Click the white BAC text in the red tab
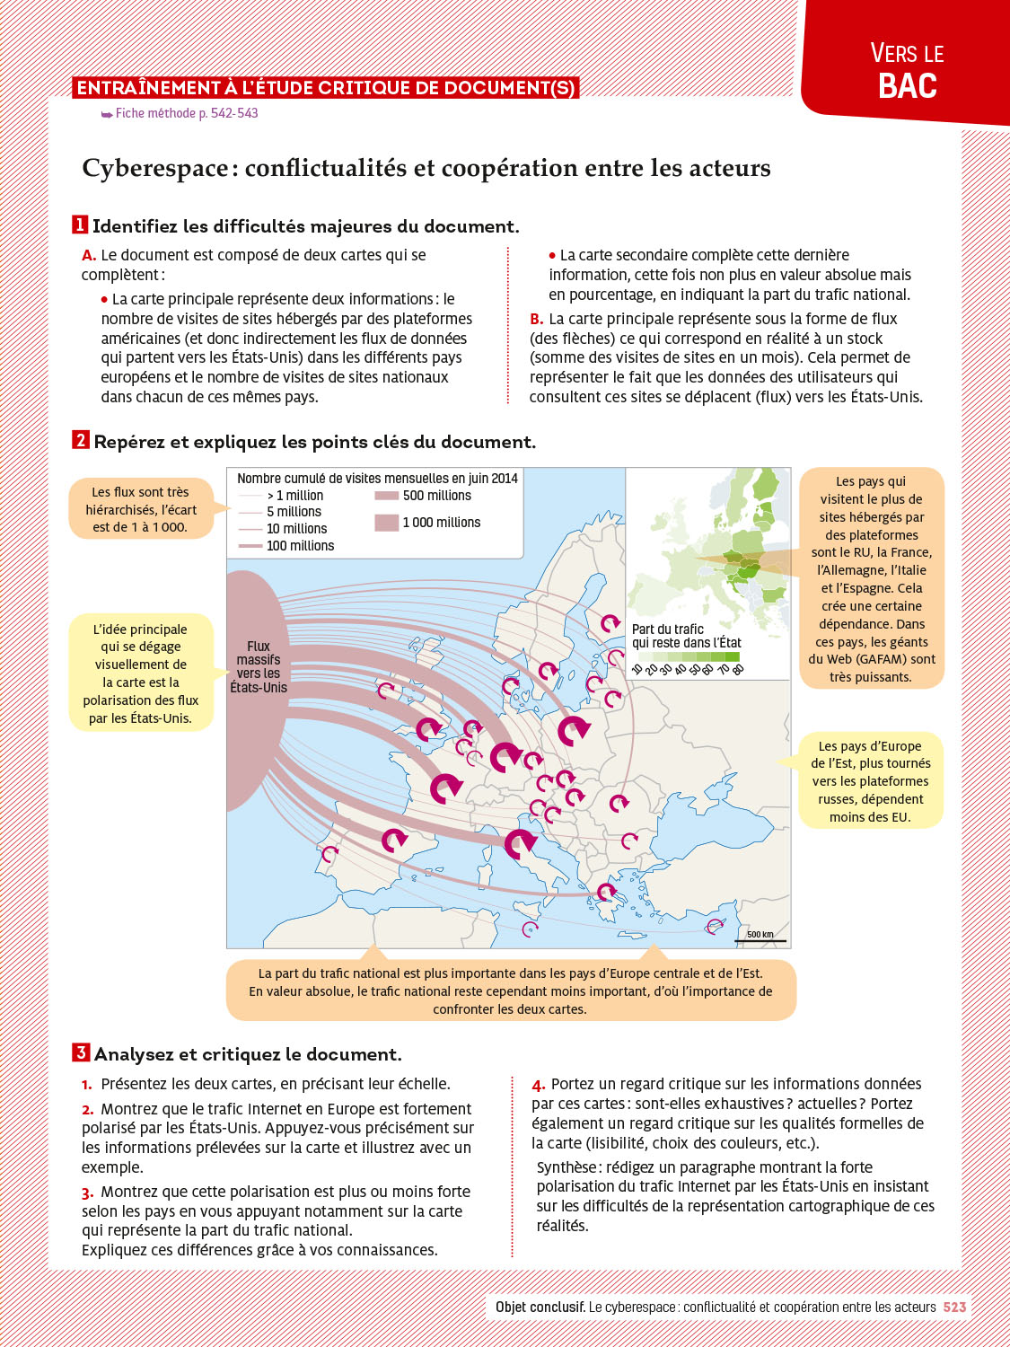pyautogui.click(x=907, y=86)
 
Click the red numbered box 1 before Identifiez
pyautogui.click(x=80, y=224)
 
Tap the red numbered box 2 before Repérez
pyautogui.click(x=81, y=440)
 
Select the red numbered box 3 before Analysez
pyautogui.click(x=81, y=1052)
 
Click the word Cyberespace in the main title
pyautogui.click(x=154, y=169)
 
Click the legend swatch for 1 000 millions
pyautogui.click(x=386, y=523)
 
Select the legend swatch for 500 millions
pyautogui.click(x=386, y=496)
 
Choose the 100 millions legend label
pyautogui.click(x=300, y=546)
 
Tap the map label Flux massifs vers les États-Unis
pyautogui.click(x=259, y=667)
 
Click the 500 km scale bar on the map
pyautogui.click(x=760, y=940)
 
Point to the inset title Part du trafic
pyautogui.click(x=668, y=629)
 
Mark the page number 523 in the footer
pyautogui.click(x=954, y=1307)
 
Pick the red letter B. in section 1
pyautogui.click(x=537, y=319)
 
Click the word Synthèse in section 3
pyautogui.click(x=566, y=1167)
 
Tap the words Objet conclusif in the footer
pyautogui.click(x=540, y=1307)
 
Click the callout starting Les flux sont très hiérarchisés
pyautogui.click(x=141, y=509)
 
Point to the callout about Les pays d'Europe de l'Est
pyautogui.click(x=870, y=781)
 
